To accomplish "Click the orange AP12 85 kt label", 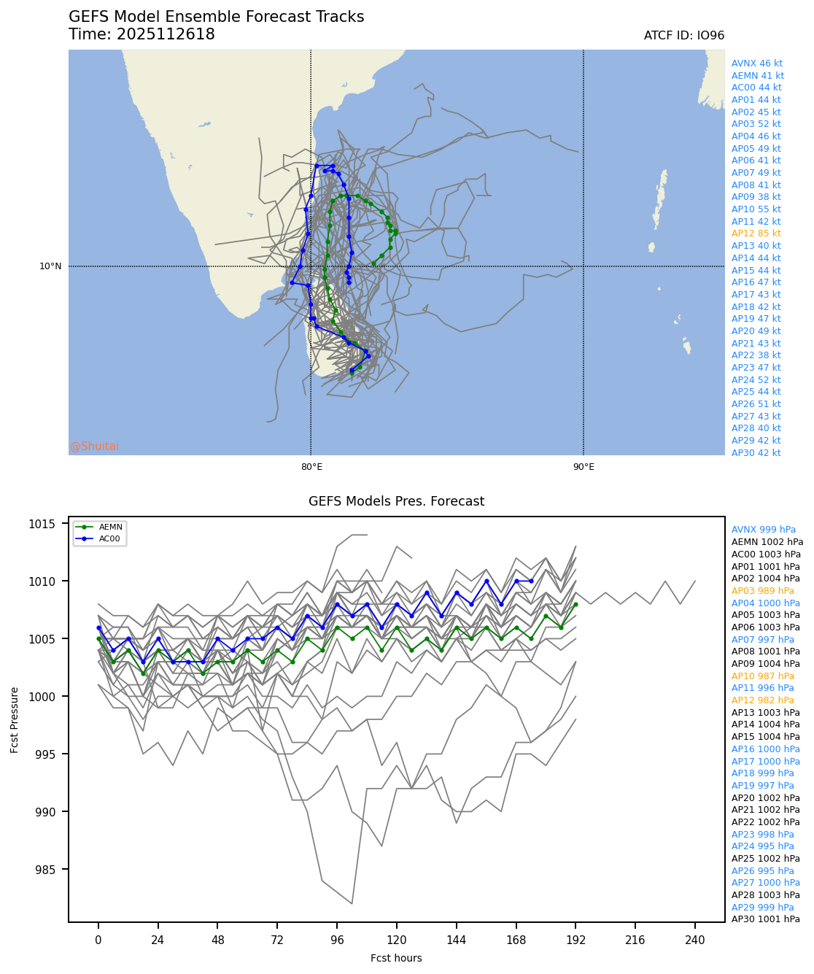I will point(756,233).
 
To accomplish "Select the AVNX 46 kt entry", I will point(756,63).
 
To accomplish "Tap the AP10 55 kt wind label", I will point(756,209).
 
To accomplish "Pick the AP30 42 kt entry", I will point(756,453).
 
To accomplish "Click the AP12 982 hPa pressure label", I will point(762,700).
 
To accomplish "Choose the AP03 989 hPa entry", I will point(762,591).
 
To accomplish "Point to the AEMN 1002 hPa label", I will point(767,542).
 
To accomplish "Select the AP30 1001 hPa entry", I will point(765,919).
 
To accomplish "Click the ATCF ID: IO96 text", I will point(683,36).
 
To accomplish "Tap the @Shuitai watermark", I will point(94,447).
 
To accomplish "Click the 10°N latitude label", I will point(50,266).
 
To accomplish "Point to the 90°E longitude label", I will point(583,467).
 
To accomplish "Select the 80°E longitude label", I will point(311,467).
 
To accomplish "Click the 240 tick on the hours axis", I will point(695,940).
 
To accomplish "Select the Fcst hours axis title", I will point(396,958).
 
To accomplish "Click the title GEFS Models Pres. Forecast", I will point(396,501).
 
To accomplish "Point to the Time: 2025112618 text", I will point(142,34).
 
